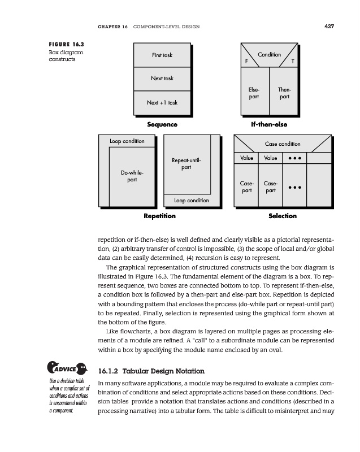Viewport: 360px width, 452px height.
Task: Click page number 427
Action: coord(329,25)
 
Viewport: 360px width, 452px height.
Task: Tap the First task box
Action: coord(162,55)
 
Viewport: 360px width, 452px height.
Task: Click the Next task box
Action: coord(162,79)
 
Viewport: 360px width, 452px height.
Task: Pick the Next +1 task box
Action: coord(162,102)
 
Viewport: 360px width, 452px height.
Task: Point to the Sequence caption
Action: coord(162,124)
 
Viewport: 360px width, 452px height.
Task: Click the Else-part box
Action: coord(254,93)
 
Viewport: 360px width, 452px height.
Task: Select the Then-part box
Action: coord(284,93)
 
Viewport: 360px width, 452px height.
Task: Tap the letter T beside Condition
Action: coord(292,62)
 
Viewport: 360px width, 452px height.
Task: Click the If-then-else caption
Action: coord(269,124)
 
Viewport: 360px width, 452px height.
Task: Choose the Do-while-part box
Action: coord(132,176)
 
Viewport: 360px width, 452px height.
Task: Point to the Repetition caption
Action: coord(160,216)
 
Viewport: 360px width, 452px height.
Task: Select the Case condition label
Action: coord(283,144)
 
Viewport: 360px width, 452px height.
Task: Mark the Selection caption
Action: coord(283,216)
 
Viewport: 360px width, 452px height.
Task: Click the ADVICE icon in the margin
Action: coord(66,370)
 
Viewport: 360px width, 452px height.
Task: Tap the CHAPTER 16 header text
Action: coord(113,27)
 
